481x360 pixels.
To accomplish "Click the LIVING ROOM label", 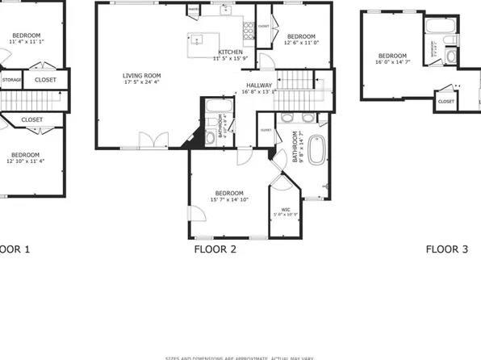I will (x=142, y=73).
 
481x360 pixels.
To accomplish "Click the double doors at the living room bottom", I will (x=149, y=140).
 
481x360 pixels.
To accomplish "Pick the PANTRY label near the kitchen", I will (x=194, y=11).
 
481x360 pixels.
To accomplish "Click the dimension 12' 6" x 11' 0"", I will (x=301, y=44).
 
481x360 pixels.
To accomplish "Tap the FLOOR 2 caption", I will (x=215, y=250).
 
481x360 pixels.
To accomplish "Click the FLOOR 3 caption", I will (x=447, y=250).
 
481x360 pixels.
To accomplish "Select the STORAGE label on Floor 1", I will (x=11, y=80).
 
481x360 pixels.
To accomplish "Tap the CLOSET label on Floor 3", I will (x=445, y=102).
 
